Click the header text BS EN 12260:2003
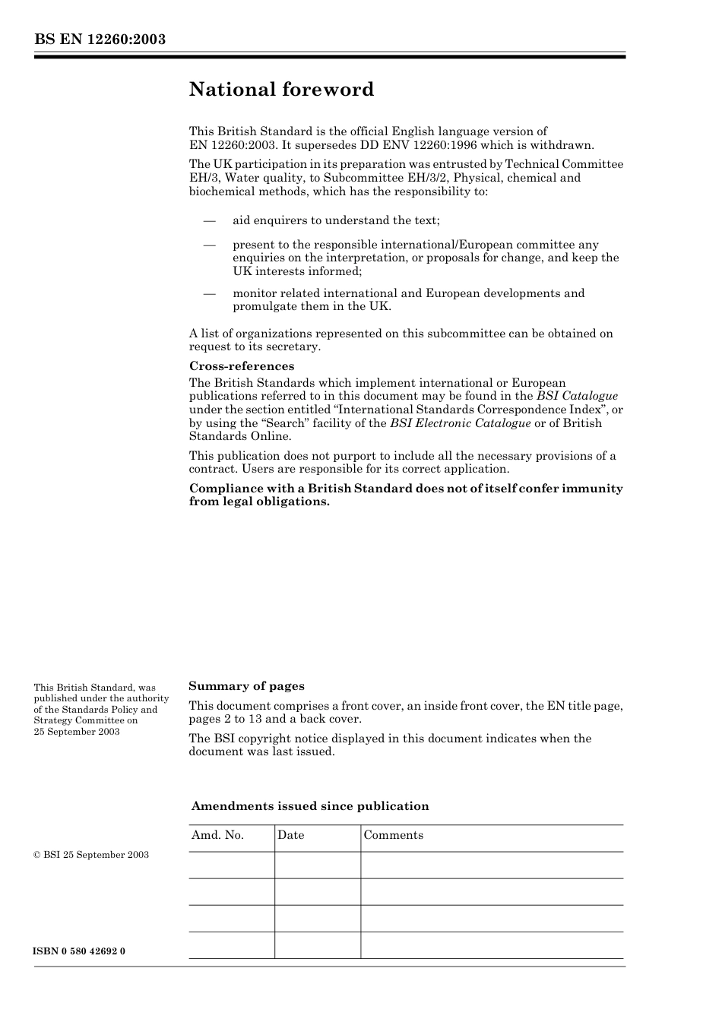100,40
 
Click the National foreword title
281,90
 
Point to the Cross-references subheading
241,366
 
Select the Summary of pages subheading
246,686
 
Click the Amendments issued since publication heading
310,806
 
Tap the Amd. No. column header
217,835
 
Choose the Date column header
290,835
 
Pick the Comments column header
393,835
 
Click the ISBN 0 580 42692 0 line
79,951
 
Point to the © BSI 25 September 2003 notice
91,855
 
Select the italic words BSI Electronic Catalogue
460,423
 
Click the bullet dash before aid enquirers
209,221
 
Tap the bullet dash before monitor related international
209,294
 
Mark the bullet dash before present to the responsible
209,245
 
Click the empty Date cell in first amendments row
317,865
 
